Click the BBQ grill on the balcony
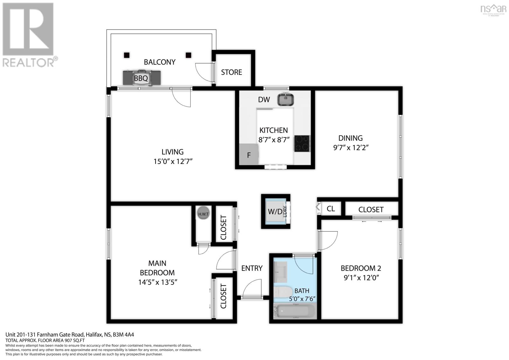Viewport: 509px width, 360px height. pyautogui.click(x=142, y=78)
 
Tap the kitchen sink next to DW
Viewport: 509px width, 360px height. pyautogui.click(x=286, y=99)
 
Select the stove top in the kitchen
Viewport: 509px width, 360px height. pyautogui.click(x=302, y=143)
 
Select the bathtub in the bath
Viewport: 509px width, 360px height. pyautogui.click(x=295, y=311)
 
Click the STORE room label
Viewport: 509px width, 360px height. pyautogui.click(x=232, y=72)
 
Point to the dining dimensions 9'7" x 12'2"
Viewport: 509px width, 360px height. pyautogui.click(x=351, y=148)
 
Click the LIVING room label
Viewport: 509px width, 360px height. pyautogui.click(x=172, y=152)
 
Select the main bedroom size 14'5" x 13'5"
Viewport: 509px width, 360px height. pyautogui.click(x=157, y=282)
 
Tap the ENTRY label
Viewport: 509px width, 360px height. pyautogui.click(x=252, y=268)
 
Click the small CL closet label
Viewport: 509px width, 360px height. pyautogui.click(x=331, y=209)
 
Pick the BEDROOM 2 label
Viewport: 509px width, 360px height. pyautogui.click(x=361, y=268)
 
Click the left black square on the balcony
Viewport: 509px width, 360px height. pyautogui.click(x=127, y=55)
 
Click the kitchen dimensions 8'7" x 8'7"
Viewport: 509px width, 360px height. pyautogui.click(x=274, y=139)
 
